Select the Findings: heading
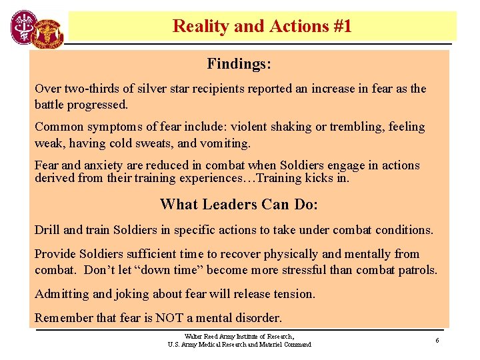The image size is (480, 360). pyautogui.click(x=239, y=64)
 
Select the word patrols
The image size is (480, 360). pyautogui.click(x=414, y=270)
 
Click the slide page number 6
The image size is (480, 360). pyautogui.click(x=437, y=341)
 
